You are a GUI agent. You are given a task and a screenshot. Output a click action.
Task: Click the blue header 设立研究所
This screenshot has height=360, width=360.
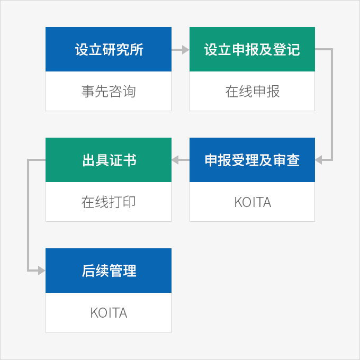pos(109,49)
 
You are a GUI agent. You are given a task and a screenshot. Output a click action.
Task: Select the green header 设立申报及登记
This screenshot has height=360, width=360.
pos(252,49)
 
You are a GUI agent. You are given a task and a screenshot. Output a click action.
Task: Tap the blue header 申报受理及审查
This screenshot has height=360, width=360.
pos(252,160)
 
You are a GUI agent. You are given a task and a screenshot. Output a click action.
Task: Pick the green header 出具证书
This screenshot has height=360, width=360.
pos(109,160)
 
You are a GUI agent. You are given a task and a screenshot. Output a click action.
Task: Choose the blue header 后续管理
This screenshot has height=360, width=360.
pos(109,271)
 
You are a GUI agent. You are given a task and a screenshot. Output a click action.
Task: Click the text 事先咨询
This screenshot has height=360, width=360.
pos(109,91)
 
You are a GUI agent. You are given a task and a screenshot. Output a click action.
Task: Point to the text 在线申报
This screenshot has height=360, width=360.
pos(253,91)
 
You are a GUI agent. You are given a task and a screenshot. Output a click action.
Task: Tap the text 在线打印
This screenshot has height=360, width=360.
pos(109,202)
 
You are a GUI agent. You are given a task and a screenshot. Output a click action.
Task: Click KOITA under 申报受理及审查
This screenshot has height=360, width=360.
pos(253,202)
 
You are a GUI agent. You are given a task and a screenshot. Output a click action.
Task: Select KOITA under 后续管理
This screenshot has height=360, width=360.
pos(109,313)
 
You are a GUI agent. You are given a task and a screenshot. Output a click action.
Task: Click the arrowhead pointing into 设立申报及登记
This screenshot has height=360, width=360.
pos(185,50)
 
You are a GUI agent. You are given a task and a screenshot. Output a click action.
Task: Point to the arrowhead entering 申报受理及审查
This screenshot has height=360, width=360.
pos(319,160)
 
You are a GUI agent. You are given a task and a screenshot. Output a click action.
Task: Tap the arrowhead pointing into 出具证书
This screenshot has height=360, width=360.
pos(175,160)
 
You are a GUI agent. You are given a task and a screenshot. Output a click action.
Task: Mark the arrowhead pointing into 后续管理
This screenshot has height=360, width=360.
pos(41,271)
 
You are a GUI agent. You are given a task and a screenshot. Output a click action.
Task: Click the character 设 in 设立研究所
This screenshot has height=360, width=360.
pos(82,49)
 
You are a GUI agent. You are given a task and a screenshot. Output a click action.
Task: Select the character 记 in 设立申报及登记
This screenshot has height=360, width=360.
pos(293,49)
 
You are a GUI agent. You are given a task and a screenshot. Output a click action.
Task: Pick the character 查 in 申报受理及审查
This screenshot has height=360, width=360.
pos(293,160)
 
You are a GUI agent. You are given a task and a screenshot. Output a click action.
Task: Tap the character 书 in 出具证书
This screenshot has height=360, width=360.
pos(130,160)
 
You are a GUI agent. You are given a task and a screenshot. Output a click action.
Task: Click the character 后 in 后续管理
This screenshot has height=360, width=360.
pos(88,271)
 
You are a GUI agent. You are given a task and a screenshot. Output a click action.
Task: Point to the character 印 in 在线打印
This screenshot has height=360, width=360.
pos(129,202)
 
